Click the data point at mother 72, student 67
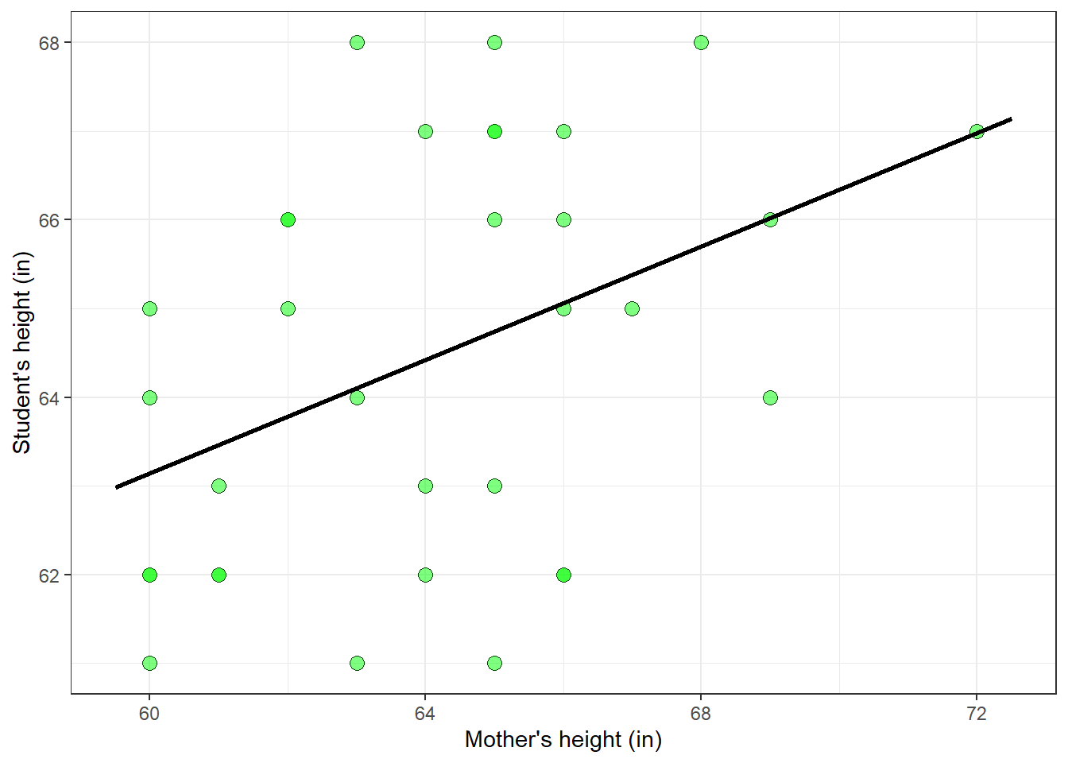click(977, 131)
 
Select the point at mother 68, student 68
click(701, 42)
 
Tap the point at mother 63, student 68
click(357, 42)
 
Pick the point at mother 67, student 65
click(632, 308)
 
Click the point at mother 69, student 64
click(770, 397)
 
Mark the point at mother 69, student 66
click(770, 219)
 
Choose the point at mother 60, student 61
click(149, 663)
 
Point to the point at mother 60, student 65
click(149, 308)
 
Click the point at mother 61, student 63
click(219, 486)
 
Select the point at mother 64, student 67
click(425, 131)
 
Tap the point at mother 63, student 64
click(357, 397)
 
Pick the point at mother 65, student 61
click(494, 663)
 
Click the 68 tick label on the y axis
click(49, 43)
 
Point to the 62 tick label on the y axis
click(49, 575)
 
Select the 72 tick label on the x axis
click(977, 714)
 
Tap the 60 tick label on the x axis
click(149, 714)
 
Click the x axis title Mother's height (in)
click(563, 740)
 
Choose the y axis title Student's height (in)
click(21, 353)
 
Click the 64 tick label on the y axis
click(49, 397)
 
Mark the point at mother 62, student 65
click(288, 308)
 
